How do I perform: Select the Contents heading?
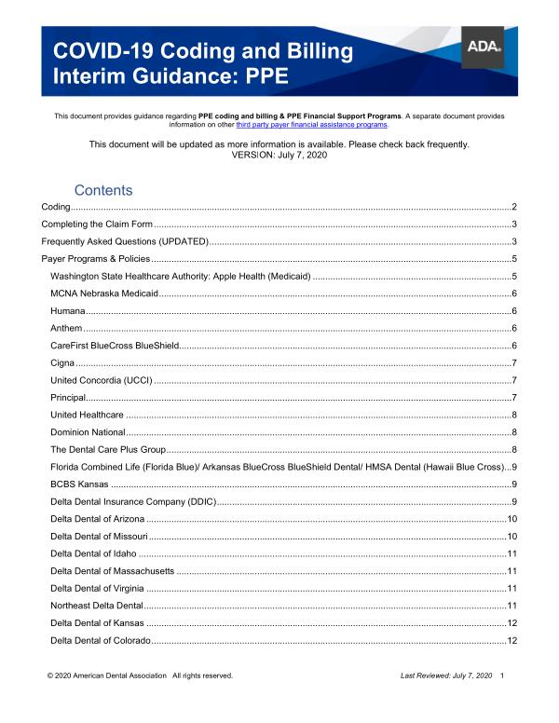tap(103, 190)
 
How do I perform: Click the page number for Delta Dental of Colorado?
tap(511, 640)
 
